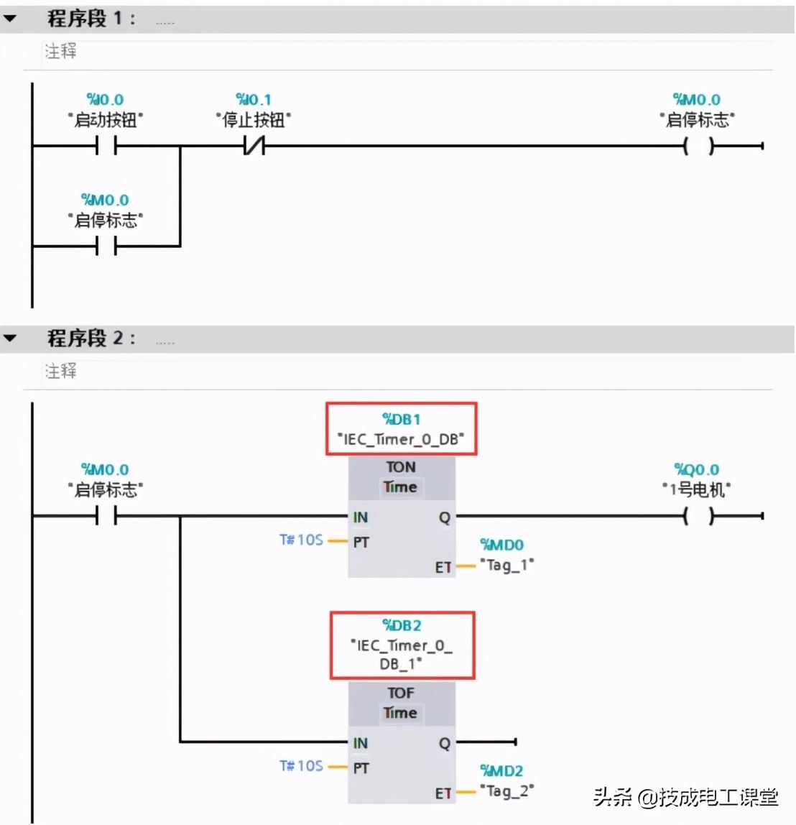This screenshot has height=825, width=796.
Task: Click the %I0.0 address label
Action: (105, 100)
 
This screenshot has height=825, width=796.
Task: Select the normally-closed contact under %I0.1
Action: (254, 147)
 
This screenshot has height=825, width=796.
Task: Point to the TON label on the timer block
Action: (401, 467)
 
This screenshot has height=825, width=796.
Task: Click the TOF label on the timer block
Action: (401, 693)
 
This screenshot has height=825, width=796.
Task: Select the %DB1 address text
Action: (402, 419)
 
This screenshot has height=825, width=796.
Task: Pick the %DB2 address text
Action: (402, 625)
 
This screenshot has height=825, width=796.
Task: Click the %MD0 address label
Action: (501, 545)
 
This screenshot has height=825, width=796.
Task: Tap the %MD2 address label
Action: (501, 771)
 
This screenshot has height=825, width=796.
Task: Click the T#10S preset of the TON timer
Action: (301, 540)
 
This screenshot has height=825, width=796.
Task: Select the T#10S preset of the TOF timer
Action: (301, 766)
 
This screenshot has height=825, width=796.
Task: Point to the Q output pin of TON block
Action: (445, 517)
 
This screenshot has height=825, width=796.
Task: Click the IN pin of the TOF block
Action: (361, 743)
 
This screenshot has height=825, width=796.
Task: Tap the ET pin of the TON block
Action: (443, 568)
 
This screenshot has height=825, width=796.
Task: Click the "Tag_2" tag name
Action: (507, 791)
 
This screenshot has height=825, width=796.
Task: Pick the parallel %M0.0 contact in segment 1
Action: (106, 246)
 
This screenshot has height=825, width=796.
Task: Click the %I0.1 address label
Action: (254, 100)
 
